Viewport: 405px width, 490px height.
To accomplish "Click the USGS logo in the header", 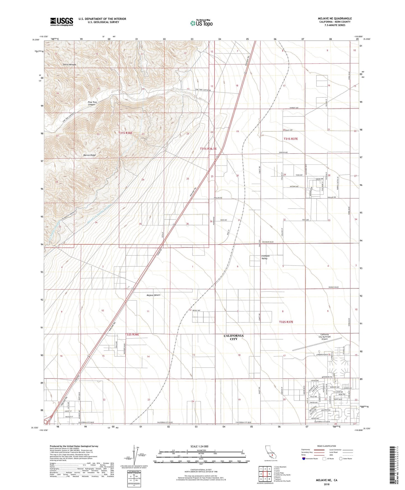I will (62, 21).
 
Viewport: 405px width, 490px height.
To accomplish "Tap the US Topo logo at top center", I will (201, 23).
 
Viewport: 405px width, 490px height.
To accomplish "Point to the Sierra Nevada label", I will (69, 65).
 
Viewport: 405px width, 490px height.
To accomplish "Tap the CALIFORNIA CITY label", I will (233, 337).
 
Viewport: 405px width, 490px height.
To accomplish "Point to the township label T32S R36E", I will (132, 335).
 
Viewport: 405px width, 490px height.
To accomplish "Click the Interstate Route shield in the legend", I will (304, 459).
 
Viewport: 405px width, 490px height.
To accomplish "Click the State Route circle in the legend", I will (341, 459).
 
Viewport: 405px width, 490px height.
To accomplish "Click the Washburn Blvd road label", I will (268, 242).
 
